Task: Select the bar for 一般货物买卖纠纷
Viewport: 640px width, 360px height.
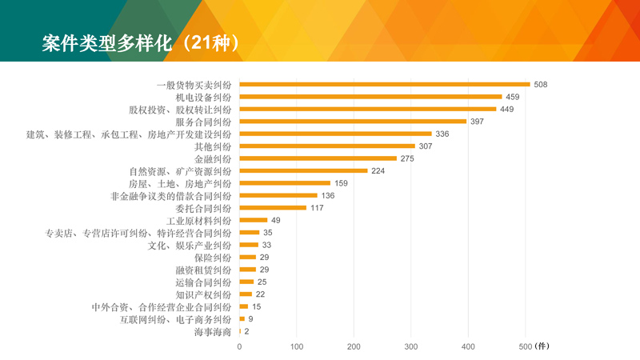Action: [385, 84]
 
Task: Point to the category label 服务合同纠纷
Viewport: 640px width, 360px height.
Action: [203, 122]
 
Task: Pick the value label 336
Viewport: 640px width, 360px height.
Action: [442, 134]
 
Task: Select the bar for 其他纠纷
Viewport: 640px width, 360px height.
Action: [327, 146]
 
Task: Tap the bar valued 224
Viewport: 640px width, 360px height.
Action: [303, 170]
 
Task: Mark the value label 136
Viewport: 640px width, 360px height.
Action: [328, 195]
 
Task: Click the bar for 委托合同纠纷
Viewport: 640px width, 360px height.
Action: [273, 208]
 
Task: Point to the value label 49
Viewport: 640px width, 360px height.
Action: [276, 220]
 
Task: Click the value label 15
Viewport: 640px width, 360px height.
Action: [257, 306]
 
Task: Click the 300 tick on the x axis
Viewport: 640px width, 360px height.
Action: [411, 346]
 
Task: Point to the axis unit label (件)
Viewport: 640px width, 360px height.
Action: [542, 346]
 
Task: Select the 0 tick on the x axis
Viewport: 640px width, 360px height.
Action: [239, 346]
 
